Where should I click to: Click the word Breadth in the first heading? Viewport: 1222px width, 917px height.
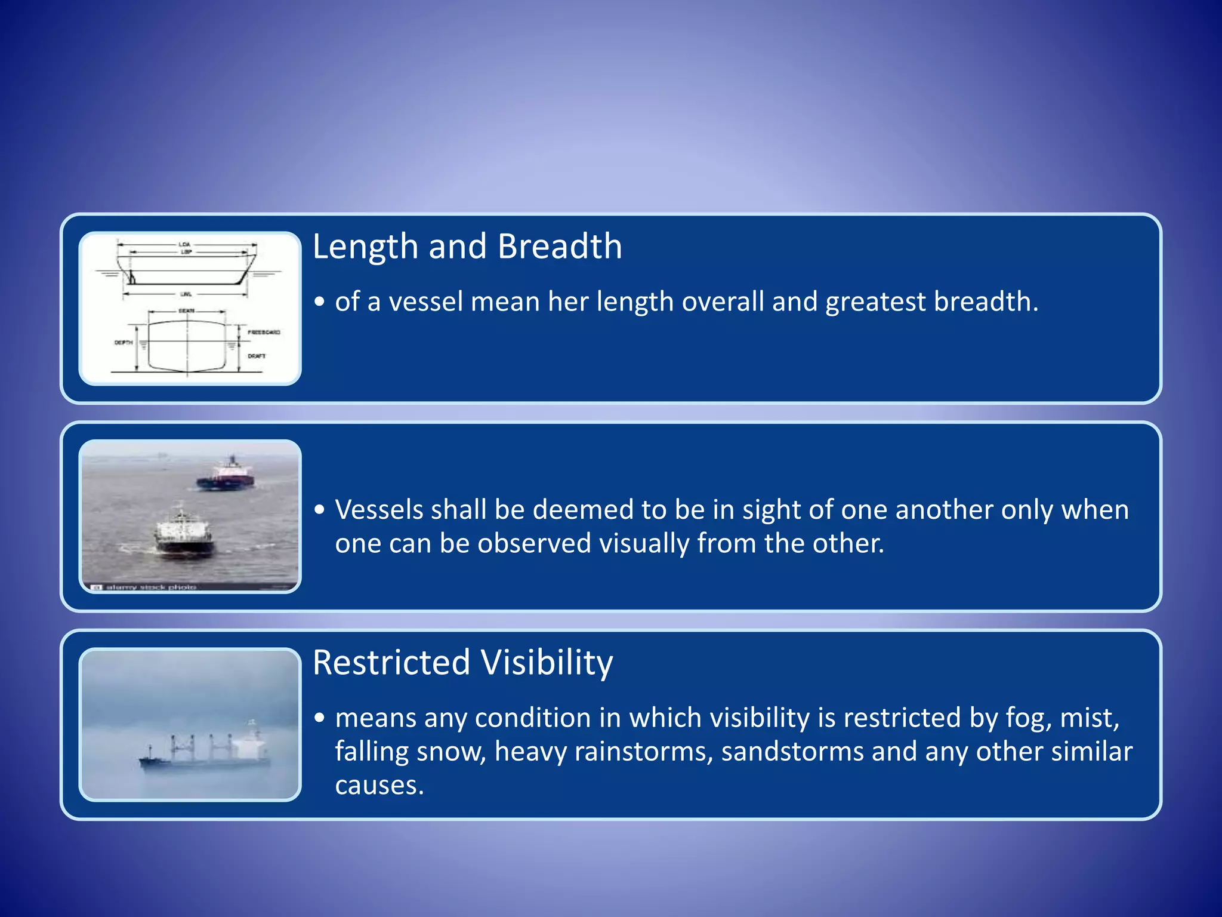coord(560,246)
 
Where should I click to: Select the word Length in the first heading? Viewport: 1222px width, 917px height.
coord(365,246)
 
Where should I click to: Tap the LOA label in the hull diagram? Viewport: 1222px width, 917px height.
coord(184,244)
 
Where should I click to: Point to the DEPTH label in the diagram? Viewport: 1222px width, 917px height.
coord(124,343)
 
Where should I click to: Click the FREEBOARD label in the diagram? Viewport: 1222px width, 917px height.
coord(264,332)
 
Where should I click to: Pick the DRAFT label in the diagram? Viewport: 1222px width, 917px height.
coord(257,356)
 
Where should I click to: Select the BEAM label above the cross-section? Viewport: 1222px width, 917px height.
coord(186,311)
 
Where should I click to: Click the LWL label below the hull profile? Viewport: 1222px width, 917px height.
coord(186,294)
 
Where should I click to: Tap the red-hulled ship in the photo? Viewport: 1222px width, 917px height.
coord(226,475)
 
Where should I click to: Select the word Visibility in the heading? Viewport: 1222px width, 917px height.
coord(547,662)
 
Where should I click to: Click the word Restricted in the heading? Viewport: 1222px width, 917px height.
coord(391,662)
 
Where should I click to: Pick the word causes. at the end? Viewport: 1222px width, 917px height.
coord(379,785)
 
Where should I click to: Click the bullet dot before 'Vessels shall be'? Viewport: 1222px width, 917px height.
coord(320,510)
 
